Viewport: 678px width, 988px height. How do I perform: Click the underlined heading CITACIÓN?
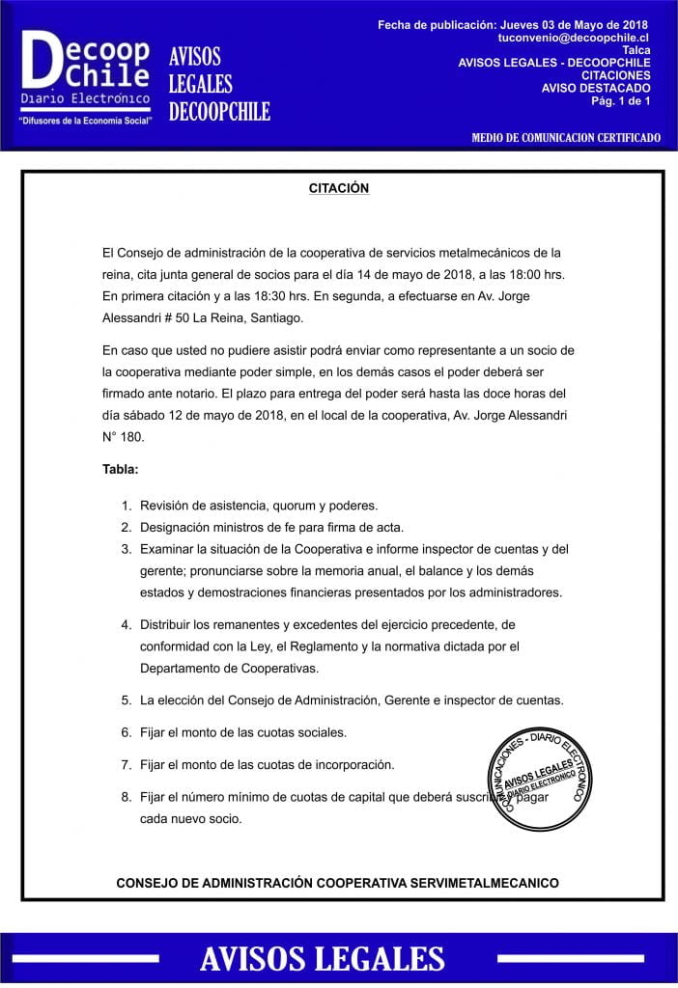[338, 188]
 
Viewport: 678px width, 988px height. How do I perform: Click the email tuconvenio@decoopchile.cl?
[573, 37]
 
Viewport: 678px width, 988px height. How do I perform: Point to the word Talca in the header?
[636, 49]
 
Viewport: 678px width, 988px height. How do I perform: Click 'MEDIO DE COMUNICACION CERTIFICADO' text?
[565, 138]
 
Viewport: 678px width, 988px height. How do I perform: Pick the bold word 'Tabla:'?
[121, 469]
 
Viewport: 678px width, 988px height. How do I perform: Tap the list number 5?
[126, 700]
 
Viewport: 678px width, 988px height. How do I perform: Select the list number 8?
[126, 797]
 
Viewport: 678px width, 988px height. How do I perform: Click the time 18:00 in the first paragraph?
[498, 274]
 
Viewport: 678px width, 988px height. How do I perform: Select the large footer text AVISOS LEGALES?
[322, 958]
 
